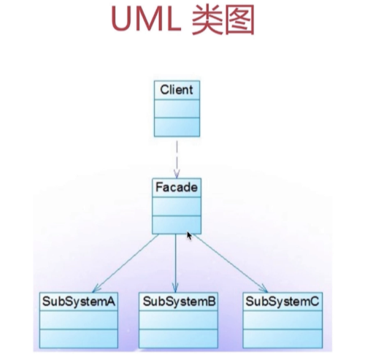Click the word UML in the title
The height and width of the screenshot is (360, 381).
tap(146, 20)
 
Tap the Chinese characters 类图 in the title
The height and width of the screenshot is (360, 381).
tap(223, 20)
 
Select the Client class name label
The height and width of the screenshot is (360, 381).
tap(177, 90)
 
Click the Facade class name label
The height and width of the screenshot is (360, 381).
tap(177, 188)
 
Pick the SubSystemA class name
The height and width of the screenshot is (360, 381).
tap(78, 302)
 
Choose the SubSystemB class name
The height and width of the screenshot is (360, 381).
tap(179, 302)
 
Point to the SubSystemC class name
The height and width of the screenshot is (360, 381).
tap(282, 302)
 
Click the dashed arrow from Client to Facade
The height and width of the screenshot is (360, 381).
tap(177, 159)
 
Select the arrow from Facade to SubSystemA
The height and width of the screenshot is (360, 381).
tap(126, 263)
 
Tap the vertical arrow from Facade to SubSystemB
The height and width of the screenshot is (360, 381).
tap(175, 263)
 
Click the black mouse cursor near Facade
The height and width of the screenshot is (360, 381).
tap(189, 236)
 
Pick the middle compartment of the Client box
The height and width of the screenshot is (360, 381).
tap(177, 109)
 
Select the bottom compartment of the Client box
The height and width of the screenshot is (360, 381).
tap(177, 127)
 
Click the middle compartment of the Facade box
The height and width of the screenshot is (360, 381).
tap(177, 207)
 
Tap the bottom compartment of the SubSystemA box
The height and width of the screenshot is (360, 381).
tap(79, 339)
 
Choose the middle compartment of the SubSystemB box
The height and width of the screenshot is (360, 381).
tap(178, 320)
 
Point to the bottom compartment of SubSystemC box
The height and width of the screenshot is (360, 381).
tap(282, 339)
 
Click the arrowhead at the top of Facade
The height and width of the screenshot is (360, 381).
tap(177, 175)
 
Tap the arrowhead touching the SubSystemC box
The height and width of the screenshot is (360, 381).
tap(263, 288)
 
